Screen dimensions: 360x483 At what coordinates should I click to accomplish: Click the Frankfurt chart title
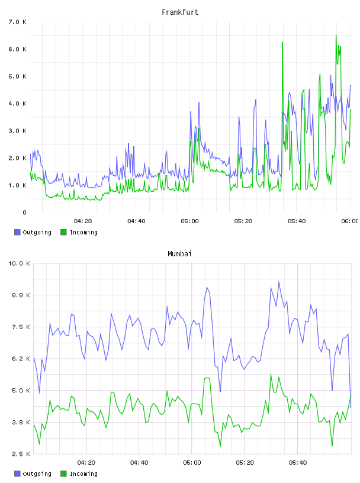coord(180,12)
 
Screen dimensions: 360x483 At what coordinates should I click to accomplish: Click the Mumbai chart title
coord(179,254)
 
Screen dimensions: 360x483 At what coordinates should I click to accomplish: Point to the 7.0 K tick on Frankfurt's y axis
coord(18,22)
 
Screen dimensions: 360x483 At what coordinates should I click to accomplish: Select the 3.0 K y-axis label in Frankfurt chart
coord(18,131)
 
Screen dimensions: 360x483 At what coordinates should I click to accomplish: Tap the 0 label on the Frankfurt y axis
coord(24,212)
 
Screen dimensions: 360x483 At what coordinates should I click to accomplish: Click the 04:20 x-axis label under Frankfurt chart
coord(83,221)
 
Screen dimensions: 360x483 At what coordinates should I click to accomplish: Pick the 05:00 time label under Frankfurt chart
coord(190,221)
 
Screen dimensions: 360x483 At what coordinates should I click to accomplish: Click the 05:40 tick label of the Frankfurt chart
coord(297,221)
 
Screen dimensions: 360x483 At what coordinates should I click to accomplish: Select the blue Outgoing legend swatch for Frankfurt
coord(17,232)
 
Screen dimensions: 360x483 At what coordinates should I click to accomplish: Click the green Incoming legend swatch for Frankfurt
coord(63,232)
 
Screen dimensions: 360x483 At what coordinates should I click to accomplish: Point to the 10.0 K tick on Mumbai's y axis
coord(19,263)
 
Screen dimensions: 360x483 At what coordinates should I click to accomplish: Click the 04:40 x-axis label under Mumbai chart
coord(139,463)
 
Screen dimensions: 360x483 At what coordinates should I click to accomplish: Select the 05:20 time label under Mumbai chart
coord(245,463)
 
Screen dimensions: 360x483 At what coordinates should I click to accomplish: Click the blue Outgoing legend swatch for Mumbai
coord(17,474)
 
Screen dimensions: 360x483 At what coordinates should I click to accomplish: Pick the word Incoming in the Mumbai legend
coord(83,474)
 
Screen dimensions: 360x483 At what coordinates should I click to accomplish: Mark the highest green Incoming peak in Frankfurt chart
coord(336,36)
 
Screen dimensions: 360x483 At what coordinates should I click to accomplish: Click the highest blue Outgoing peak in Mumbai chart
coord(279,282)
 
